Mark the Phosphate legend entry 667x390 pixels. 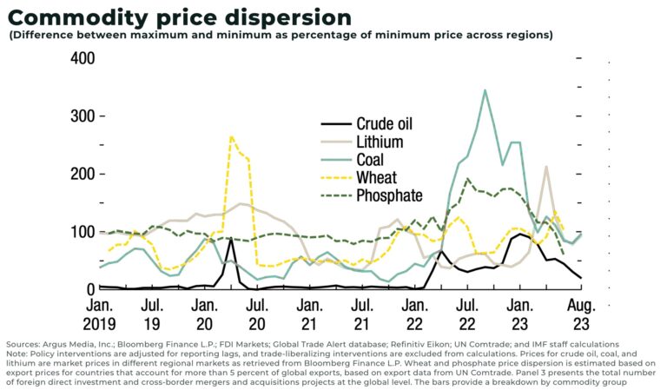[x=390, y=195]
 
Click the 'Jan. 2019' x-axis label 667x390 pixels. [x=100, y=314]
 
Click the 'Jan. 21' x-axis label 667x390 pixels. [x=311, y=314]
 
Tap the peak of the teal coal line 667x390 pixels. [x=484, y=90]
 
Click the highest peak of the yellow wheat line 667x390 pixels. [x=231, y=136]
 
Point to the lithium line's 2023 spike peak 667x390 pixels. [x=546, y=167]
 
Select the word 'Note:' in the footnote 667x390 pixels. [x=17, y=354]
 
